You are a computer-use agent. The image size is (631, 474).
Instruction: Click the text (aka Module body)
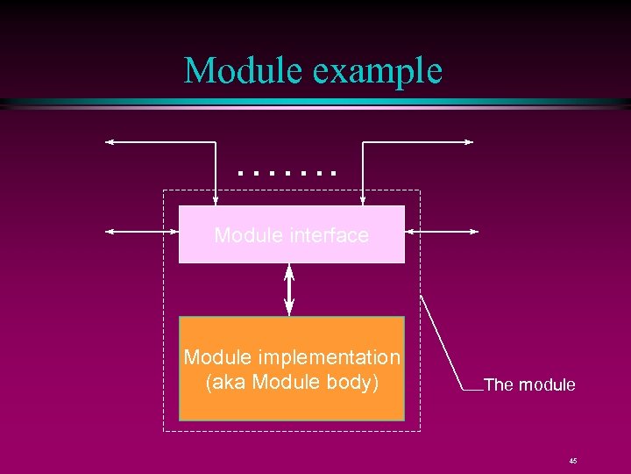pos(291,383)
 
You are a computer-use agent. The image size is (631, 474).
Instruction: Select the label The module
pos(529,384)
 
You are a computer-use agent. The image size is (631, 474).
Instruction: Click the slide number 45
pos(572,461)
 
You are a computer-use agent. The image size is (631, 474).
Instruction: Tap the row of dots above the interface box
pos(287,174)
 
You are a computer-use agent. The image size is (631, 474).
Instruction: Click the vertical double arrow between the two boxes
pos(290,290)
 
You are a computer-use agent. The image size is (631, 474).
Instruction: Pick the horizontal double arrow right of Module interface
pos(442,232)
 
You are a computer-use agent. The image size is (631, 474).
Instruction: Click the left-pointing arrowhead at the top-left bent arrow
pos(110,141)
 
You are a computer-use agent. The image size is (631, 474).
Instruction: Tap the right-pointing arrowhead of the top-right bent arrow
pos(469,141)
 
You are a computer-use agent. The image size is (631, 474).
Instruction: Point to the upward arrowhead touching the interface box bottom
pos(290,269)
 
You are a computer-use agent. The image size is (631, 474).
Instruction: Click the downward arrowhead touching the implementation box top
pos(290,311)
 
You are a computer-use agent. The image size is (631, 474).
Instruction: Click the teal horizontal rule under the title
pos(315,103)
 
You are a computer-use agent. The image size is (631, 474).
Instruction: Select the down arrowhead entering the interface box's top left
pos(216,200)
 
